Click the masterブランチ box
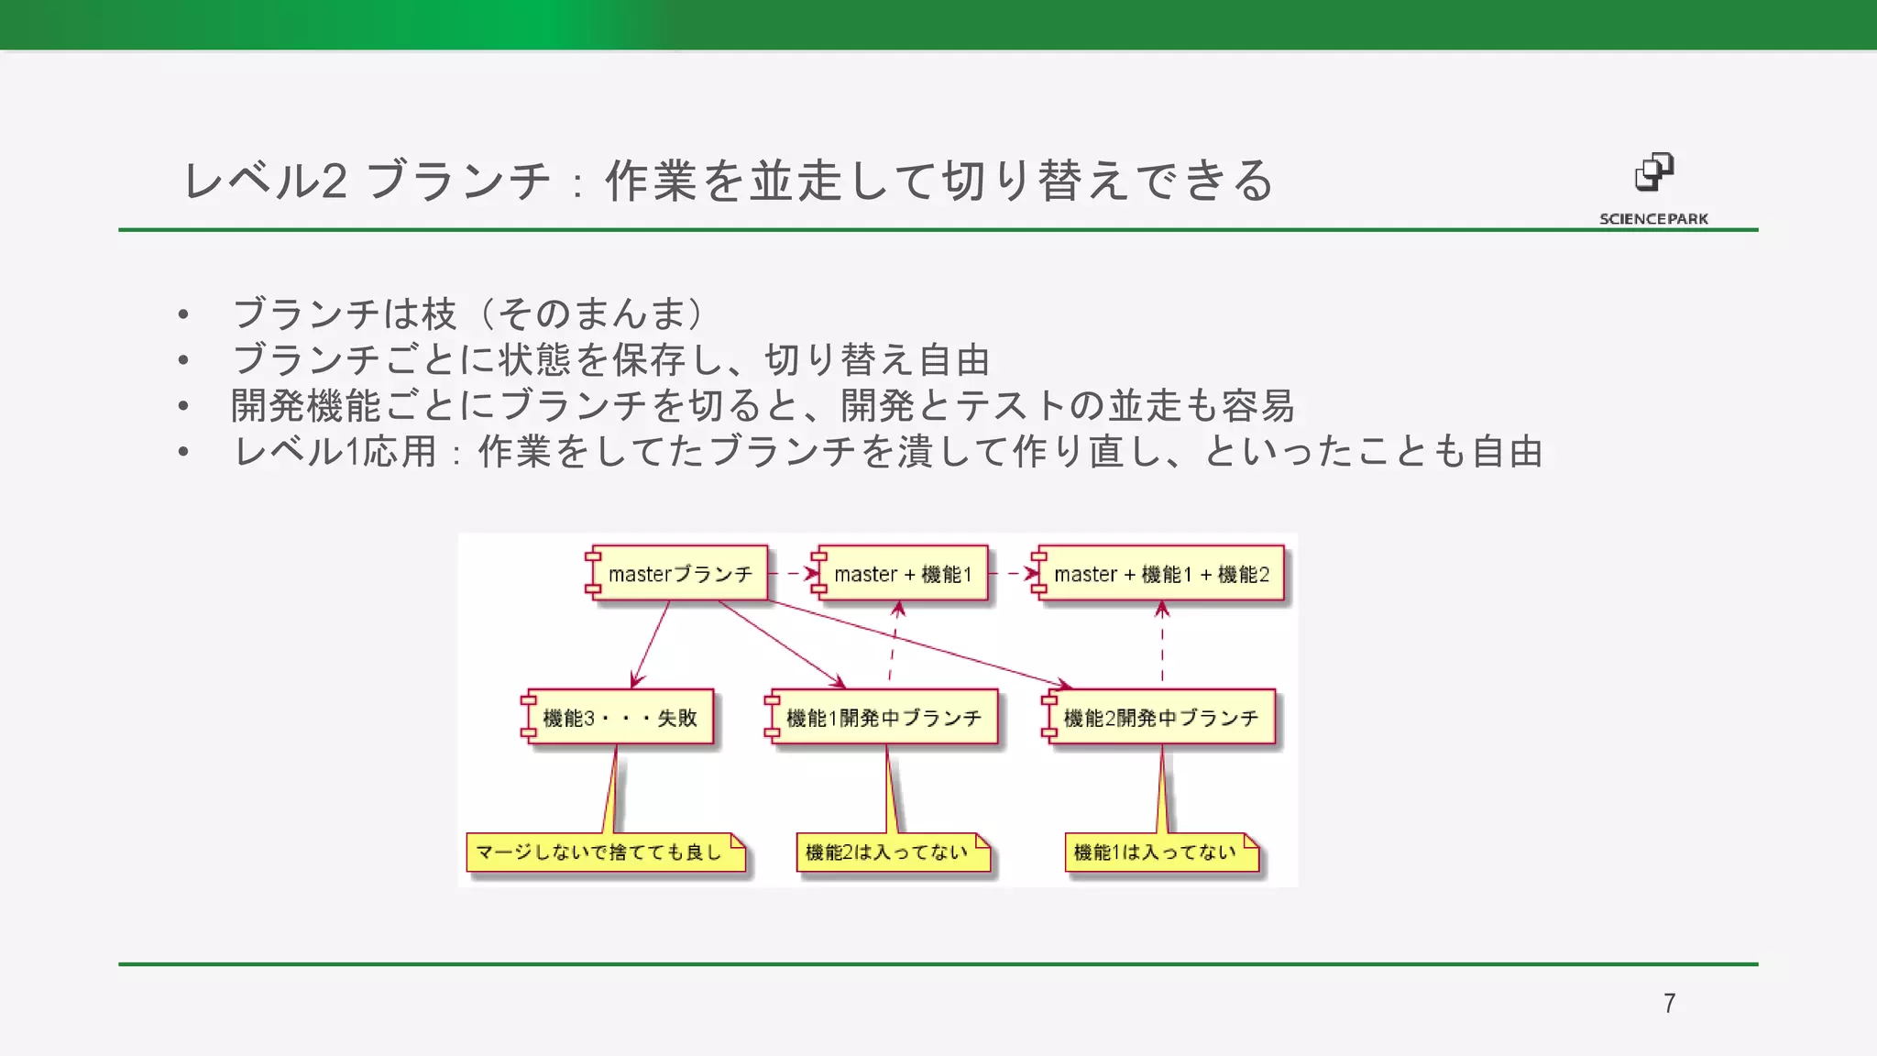click(x=679, y=574)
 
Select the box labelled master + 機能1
click(x=902, y=574)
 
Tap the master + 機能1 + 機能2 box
click(x=1161, y=574)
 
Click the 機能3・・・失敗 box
click(x=620, y=718)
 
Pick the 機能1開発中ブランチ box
click(x=884, y=718)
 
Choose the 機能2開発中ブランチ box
click(x=1161, y=718)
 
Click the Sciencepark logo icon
click(x=1654, y=172)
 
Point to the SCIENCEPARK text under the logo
click(x=1653, y=219)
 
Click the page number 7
click(x=1669, y=1003)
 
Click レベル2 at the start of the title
click(x=265, y=181)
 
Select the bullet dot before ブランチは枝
click(x=183, y=315)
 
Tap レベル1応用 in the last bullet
click(x=335, y=452)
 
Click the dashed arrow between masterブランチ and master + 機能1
click(x=791, y=574)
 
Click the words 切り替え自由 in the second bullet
click(x=877, y=360)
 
